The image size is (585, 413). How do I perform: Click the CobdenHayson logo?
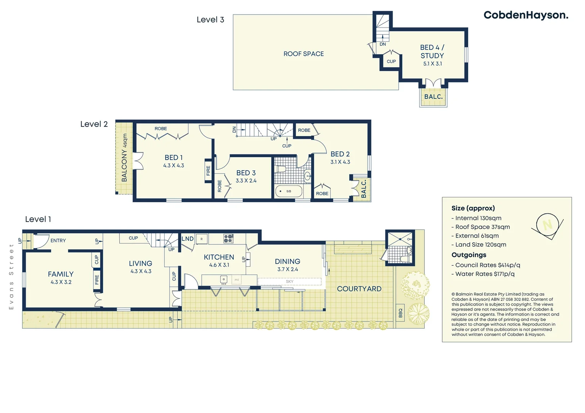[526, 15]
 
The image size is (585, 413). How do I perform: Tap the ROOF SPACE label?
[303, 54]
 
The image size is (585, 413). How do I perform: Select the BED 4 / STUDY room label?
[432, 52]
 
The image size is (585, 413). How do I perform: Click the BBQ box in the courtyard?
[400, 313]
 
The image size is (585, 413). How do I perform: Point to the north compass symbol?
[548, 225]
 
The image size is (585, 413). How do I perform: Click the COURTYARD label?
[359, 289]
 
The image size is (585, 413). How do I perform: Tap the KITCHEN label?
[219, 257]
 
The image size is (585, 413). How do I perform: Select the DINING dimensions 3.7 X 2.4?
[287, 269]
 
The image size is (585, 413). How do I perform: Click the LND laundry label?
[187, 239]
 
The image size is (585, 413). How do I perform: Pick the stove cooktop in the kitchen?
[228, 239]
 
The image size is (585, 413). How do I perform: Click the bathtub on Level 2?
[289, 191]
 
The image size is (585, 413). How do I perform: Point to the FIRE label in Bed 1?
[208, 171]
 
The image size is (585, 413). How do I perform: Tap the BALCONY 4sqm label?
[124, 158]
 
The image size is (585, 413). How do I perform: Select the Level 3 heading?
[210, 20]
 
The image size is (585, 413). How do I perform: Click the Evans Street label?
[11, 276]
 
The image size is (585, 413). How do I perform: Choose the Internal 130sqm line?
[478, 218]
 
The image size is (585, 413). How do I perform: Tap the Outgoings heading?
[469, 255]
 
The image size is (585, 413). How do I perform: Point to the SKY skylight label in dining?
[290, 281]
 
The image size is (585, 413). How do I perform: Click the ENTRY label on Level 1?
[58, 241]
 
